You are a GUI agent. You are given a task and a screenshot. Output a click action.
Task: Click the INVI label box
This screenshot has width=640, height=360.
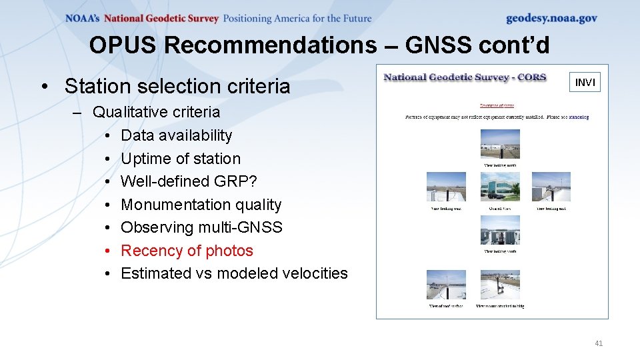click(x=585, y=82)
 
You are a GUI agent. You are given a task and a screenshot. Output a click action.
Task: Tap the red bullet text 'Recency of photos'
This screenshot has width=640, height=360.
click(x=187, y=251)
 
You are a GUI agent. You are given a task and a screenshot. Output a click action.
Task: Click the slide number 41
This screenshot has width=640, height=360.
click(x=598, y=343)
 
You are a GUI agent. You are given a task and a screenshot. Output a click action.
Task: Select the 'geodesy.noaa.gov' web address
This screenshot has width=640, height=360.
click(x=551, y=19)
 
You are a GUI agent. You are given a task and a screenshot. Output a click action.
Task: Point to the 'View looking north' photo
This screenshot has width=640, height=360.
click(x=499, y=144)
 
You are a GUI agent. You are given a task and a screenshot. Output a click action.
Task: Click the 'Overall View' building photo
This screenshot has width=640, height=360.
click(x=499, y=187)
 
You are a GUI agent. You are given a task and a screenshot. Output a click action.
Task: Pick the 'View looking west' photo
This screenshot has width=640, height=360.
click(x=446, y=187)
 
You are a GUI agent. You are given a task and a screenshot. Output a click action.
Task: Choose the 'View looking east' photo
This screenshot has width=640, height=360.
click(x=551, y=187)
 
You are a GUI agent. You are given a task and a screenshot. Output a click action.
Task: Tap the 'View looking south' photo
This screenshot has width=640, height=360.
click(x=499, y=230)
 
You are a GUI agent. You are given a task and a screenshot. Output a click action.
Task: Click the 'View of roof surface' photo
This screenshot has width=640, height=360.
click(x=446, y=285)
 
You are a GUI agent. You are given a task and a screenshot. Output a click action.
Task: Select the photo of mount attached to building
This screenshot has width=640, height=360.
click(x=499, y=285)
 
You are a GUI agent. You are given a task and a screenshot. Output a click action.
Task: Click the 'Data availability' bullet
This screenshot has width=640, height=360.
click(x=176, y=135)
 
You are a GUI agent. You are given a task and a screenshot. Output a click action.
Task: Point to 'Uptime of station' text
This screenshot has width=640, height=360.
click(x=180, y=159)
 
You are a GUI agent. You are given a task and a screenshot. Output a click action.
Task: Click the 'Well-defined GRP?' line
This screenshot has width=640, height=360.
click(x=189, y=181)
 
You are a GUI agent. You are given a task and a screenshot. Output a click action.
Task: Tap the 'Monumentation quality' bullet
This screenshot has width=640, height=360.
click(x=201, y=205)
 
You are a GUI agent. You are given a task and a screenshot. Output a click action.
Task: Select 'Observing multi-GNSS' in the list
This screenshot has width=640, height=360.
click(x=201, y=227)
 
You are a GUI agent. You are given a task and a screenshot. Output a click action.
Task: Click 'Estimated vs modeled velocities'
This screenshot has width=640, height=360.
click(x=234, y=273)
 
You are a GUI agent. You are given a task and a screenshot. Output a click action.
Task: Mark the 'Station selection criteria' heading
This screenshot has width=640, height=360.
click(x=177, y=86)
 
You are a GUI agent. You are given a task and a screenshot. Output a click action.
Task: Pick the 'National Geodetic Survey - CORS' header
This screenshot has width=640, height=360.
click(x=465, y=77)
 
